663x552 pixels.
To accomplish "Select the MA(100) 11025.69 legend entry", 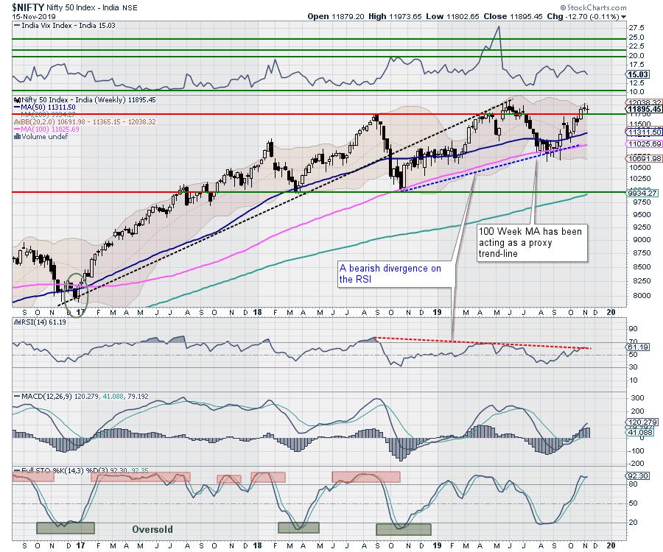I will coord(49,128).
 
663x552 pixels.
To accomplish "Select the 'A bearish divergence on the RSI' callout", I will coord(390,274).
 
